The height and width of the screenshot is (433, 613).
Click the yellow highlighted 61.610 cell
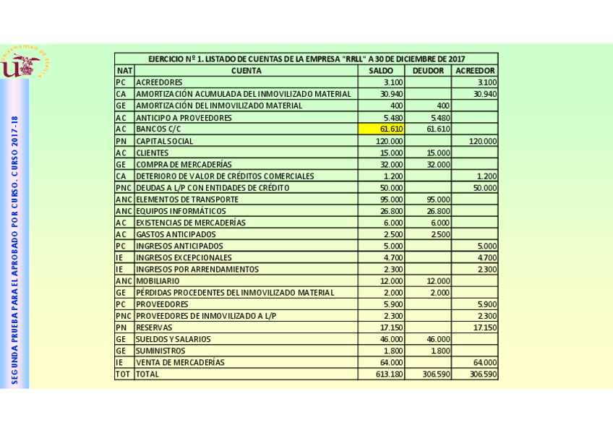click(x=382, y=129)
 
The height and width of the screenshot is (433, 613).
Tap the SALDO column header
click(x=381, y=71)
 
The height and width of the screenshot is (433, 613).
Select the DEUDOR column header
click(x=428, y=71)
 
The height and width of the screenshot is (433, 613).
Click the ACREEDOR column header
click(x=475, y=71)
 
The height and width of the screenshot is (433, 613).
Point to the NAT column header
click(x=124, y=71)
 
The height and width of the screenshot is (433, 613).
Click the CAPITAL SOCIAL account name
click(x=165, y=141)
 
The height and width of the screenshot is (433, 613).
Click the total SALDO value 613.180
click(x=389, y=374)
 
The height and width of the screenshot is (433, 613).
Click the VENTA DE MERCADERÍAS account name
click(x=181, y=363)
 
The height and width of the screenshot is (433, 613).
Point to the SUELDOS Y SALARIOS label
click(x=173, y=339)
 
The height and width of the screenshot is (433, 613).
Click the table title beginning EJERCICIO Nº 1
click(x=306, y=59)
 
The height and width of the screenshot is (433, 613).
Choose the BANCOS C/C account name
click(x=158, y=129)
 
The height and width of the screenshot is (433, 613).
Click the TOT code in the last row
click(x=123, y=374)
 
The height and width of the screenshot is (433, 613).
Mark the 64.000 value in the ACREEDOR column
click(x=484, y=363)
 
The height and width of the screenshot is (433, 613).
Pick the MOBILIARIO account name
click(x=158, y=280)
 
